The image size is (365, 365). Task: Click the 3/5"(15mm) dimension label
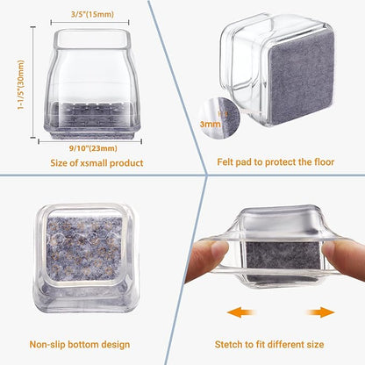click(x=92, y=14)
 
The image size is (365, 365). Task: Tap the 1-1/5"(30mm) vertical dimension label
click(x=21, y=85)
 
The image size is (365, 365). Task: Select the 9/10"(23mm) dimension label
click(x=93, y=148)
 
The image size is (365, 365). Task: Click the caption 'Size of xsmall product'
click(x=97, y=163)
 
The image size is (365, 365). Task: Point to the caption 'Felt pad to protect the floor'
click(x=276, y=162)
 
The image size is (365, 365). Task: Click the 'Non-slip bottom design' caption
click(x=80, y=345)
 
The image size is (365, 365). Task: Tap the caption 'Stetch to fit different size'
click(x=269, y=344)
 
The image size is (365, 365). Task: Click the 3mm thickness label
click(x=210, y=124)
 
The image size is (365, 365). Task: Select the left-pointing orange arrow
click(x=241, y=312)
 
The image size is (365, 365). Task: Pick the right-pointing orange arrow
click(x=320, y=312)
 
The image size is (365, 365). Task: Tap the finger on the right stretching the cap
click(x=343, y=257)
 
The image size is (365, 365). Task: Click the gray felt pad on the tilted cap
click(x=301, y=77)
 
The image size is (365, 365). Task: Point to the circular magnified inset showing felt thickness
click(x=218, y=118)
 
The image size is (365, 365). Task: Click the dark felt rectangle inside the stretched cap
click(x=283, y=255)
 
